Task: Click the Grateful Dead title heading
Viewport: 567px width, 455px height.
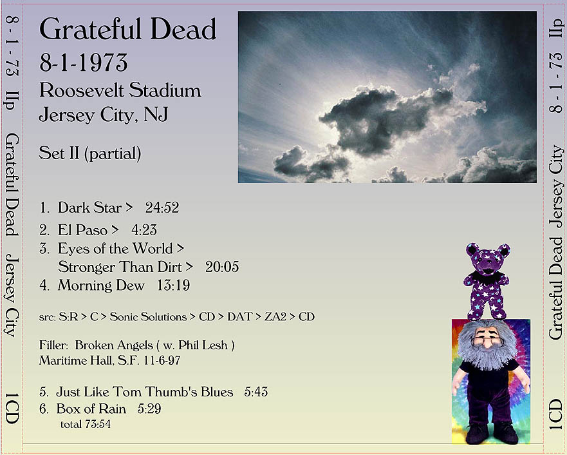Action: click(127, 28)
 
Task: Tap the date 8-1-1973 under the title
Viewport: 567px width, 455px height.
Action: click(84, 63)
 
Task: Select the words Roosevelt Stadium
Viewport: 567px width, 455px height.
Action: click(120, 90)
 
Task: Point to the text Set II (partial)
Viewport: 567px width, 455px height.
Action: click(90, 153)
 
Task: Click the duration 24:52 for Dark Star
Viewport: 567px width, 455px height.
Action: click(162, 208)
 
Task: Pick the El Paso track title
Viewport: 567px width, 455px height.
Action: click(83, 230)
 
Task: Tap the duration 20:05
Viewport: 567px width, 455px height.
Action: click(222, 267)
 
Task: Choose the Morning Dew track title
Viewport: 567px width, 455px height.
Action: click(101, 286)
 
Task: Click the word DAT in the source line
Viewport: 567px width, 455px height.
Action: click(239, 316)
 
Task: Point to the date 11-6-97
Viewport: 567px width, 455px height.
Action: click(162, 360)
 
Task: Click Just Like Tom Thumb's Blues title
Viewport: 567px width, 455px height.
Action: click(145, 392)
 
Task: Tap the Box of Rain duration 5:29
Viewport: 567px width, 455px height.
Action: click(149, 409)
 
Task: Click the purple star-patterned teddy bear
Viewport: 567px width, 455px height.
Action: click(487, 281)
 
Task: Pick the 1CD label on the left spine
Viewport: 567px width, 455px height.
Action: click(12, 409)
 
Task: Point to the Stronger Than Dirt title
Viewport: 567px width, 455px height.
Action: click(120, 267)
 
